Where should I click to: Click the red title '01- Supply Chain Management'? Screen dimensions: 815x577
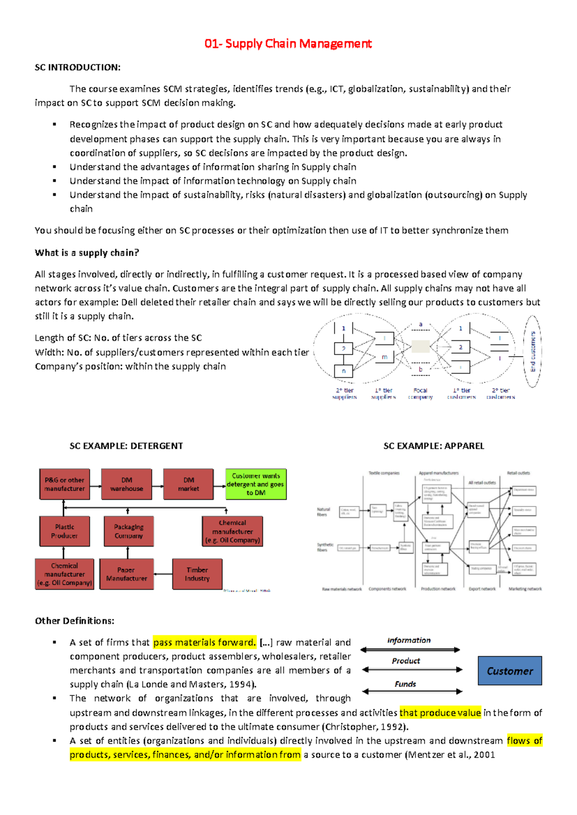coord(288,44)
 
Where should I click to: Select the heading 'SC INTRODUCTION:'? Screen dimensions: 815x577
coord(77,67)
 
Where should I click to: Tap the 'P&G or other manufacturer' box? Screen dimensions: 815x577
coord(64,484)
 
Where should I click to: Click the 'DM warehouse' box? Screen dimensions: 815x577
coord(126,484)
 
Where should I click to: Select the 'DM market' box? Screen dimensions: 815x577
coord(188,484)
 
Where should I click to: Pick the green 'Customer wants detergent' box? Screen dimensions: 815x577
coord(256,484)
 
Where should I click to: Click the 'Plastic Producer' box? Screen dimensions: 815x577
coord(64,531)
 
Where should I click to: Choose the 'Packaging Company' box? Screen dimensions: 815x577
coord(129,531)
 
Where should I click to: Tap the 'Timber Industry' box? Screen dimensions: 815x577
coord(197,574)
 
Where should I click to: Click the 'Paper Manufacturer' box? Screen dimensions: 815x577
coord(126,574)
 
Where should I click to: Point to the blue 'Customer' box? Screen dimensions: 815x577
coord(510,671)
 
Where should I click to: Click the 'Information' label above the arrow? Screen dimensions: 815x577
coord(409,641)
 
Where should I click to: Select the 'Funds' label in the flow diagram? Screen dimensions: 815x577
coord(405,684)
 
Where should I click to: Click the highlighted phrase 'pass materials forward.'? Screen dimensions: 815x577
coord(204,642)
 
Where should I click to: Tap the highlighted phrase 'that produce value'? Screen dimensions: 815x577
coord(440,713)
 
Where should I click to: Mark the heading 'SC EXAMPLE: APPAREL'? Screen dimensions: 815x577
coord(434,446)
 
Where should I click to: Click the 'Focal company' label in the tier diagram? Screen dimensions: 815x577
coord(420,394)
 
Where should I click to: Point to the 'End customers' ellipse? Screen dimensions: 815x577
coord(532,351)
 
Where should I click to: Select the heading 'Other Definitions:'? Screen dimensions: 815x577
coord(75,621)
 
